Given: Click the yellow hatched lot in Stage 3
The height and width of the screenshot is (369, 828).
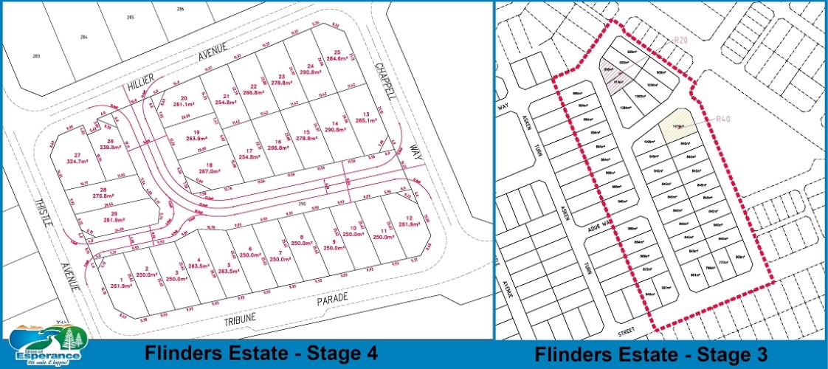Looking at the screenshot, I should click(x=677, y=124).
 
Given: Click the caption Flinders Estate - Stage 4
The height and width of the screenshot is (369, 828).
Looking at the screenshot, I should click(x=261, y=354).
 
